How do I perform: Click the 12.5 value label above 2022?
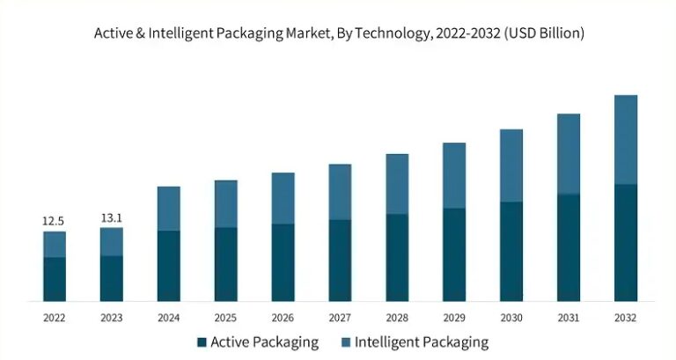click(x=54, y=220)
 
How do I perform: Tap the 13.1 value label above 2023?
click(x=111, y=217)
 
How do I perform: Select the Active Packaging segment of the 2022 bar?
click(x=54, y=279)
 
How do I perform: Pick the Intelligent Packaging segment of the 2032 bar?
click(x=626, y=139)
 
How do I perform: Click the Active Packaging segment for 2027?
click(x=340, y=261)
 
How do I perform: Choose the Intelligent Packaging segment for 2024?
click(x=168, y=209)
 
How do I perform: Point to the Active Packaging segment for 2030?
click(x=511, y=252)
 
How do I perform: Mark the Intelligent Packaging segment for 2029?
click(x=454, y=175)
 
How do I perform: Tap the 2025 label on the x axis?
click(x=225, y=317)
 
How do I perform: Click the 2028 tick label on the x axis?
click(x=397, y=317)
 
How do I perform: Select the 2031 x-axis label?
click(x=569, y=317)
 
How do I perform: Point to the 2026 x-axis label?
click(x=283, y=317)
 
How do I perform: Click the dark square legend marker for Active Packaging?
click(x=202, y=342)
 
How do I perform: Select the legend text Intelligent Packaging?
click(x=422, y=342)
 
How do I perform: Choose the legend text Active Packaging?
click(x=265, y=342)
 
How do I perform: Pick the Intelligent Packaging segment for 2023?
click(x=111, y=242)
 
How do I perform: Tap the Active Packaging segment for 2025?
click(x=225, y=264)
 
